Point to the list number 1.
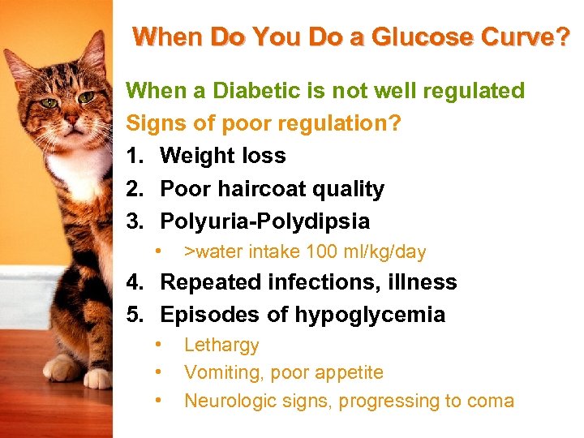134,156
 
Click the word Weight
195,156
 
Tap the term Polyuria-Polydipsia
264,221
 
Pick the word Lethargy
221,346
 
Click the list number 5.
134,315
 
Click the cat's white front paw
97,377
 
